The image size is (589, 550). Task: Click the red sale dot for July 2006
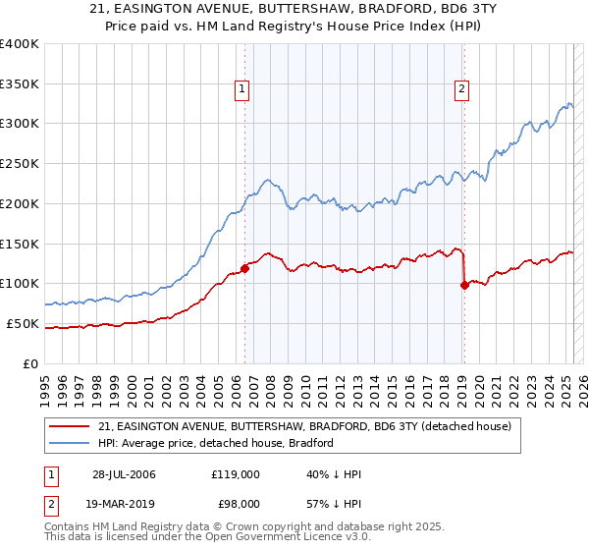[x=244, y=268]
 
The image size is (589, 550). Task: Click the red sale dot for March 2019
[x=463, y=286]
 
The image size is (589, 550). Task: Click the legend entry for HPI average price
[x=216, y=443]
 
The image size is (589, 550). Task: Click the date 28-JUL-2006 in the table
[x=124, y=474]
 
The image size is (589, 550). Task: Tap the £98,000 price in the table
[x=236, y=504]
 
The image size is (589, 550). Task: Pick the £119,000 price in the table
[x=236, y=474]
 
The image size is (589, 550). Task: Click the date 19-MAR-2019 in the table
[x=124, y=504]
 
